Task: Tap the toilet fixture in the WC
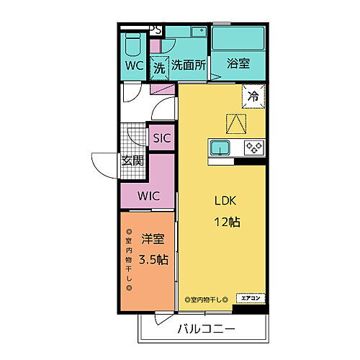132,45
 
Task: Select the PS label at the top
155,30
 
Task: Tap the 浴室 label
238,64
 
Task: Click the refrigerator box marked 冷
253,94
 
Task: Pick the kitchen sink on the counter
220,148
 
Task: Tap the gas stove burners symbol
253,148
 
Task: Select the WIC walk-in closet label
148,195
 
